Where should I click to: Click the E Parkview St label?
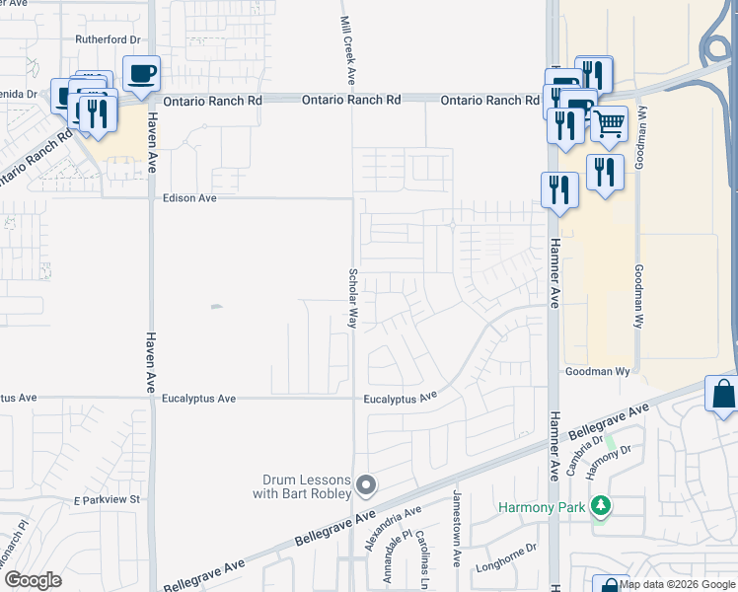(x=108, y=501)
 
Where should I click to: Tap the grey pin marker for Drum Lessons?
(x=367, y=484)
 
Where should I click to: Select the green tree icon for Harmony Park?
(x=601, y=507)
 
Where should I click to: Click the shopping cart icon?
(x=609, y=123)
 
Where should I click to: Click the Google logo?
(x=33, y=580)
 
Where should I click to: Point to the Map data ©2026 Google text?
(x=677, y=584)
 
